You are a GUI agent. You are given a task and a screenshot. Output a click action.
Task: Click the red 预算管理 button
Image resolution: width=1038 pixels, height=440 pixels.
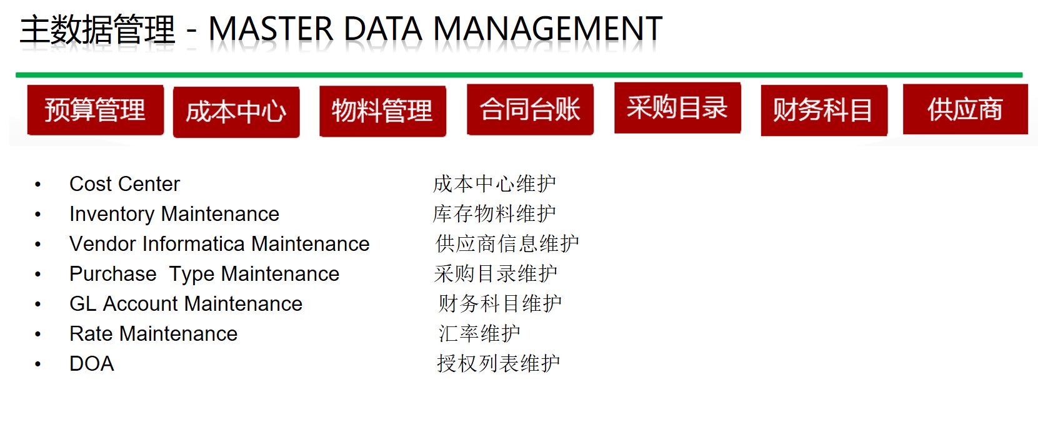tap(96, 110)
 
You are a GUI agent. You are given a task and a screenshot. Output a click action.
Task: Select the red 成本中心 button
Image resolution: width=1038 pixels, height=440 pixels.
tap(236, 112)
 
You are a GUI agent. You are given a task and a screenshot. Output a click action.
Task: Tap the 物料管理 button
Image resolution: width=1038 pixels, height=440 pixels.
tap(382, 111)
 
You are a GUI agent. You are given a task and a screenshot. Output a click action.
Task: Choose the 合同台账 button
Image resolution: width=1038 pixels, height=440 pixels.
tap(530, 110)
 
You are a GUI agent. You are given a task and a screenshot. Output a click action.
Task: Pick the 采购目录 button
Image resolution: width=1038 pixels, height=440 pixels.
tap(677, 108)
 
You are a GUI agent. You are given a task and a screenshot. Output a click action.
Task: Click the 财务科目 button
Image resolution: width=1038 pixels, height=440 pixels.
tap(824, 110)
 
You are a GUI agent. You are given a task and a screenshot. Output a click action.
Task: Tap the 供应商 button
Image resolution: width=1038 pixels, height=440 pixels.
tap(966, 109)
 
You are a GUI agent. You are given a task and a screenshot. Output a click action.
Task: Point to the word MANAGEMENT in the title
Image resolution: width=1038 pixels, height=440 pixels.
tap(547, 29)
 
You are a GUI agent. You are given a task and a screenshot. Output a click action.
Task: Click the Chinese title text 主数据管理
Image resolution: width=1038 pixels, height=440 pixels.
tap(97, 29)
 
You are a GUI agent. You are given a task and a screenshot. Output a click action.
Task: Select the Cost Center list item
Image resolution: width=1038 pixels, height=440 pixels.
tap(124, 184)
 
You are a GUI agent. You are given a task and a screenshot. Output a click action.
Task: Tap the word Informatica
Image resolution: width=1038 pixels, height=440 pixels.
tap(194, 244)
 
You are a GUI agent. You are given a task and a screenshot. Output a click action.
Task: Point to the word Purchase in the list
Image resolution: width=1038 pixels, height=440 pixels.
tap(112, 274)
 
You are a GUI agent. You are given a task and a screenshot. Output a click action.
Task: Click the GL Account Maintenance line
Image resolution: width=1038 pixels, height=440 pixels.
tap(186, 304)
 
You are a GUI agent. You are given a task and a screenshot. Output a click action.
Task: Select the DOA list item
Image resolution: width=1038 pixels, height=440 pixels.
tap(92, 364)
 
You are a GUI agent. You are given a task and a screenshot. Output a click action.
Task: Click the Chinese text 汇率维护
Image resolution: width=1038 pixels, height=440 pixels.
tap(479, 333)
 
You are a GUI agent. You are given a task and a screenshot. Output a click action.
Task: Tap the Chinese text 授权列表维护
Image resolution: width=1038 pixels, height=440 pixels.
tap(499, 364)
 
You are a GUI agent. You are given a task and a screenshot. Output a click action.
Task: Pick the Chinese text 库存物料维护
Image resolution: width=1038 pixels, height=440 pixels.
tap(494, 213)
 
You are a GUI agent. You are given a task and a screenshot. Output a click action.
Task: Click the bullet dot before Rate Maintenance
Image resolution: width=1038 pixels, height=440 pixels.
tap(38, 334)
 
